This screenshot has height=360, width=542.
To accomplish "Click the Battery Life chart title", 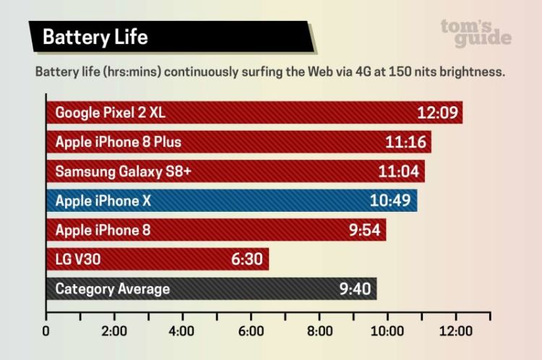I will [x=95, y=37].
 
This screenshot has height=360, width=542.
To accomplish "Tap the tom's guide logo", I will [x=476, y=33].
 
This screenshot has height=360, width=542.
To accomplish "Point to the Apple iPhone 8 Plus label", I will [x=119, y=142].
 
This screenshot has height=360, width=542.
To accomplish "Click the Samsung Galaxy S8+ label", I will [x=123, y=171].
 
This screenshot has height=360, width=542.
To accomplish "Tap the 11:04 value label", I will [x=398, y=171].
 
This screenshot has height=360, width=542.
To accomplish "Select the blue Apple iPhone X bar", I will [x=231, y=201].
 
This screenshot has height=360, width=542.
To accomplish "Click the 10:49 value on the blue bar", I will [x=390, y=201].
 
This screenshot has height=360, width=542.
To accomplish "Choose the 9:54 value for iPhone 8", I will [x=364, y=231].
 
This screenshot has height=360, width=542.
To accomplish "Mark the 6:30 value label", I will [x=247, y=260].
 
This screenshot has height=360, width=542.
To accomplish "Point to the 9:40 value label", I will [x=354, y=289].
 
